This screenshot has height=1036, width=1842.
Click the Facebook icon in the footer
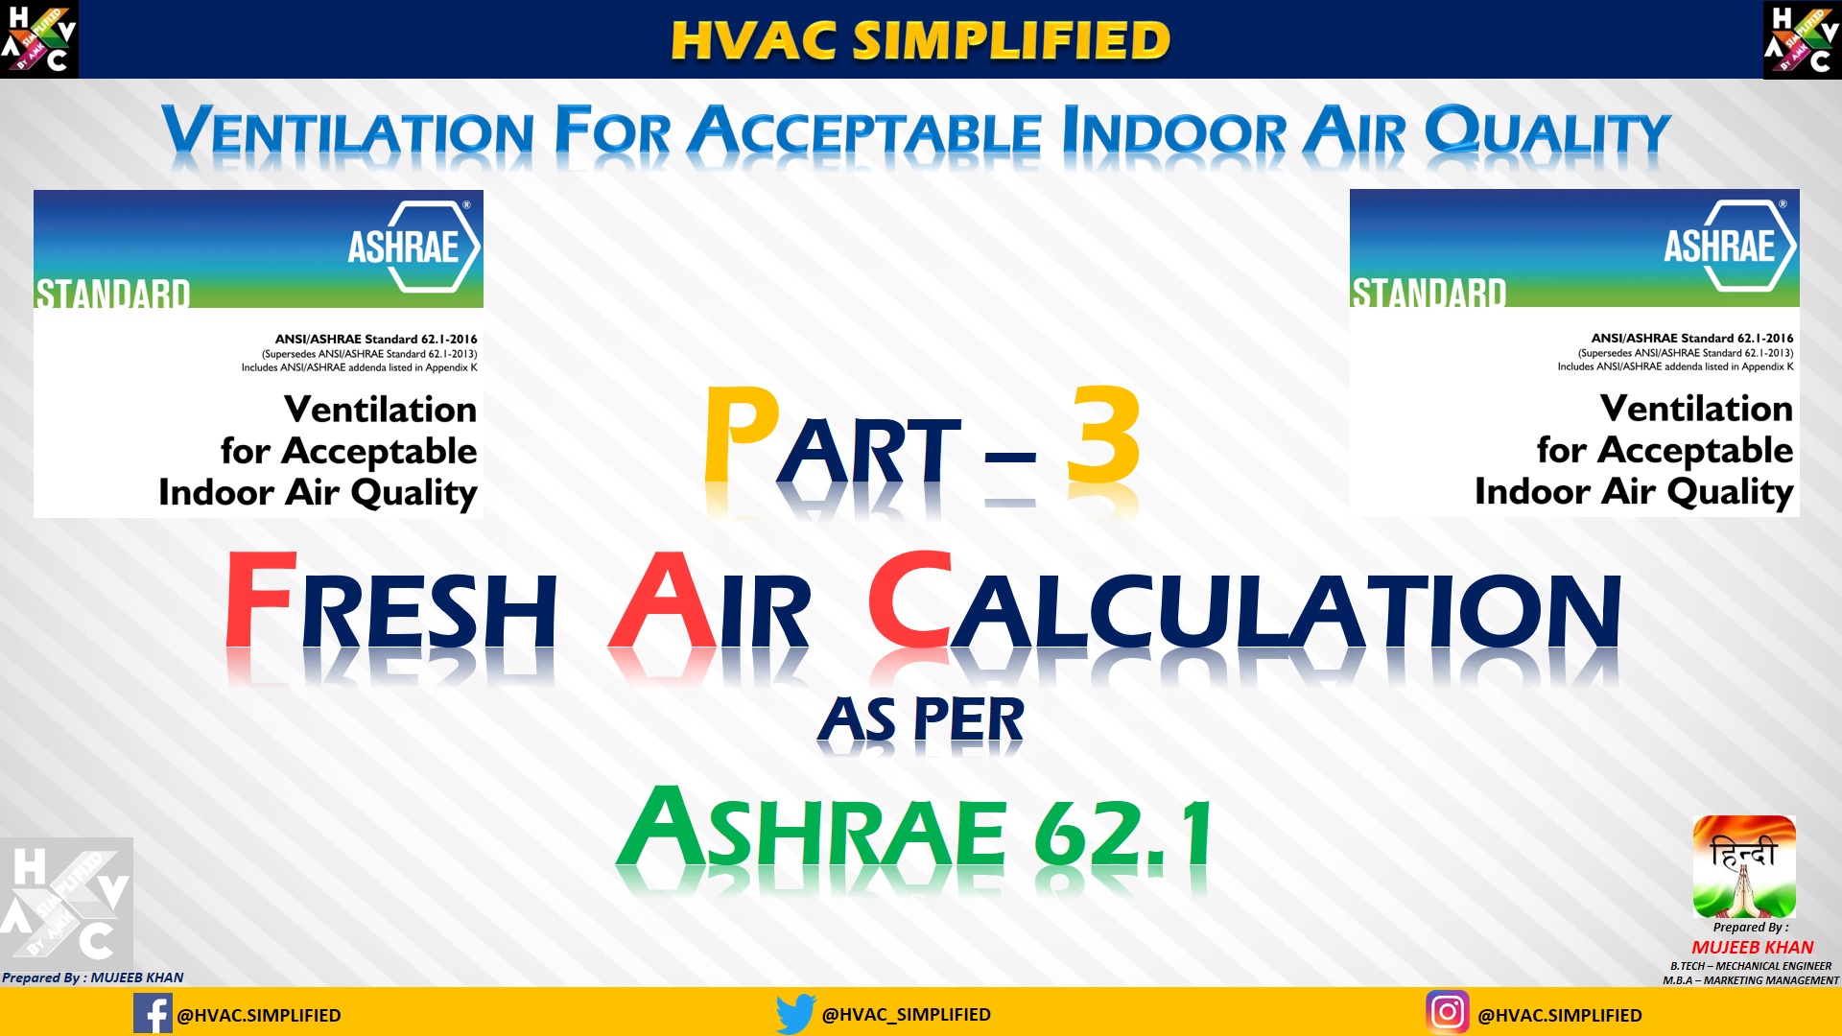[x=153, y=1014]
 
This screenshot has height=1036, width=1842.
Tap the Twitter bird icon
[x=795, y=1014]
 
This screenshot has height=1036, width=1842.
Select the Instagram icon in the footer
[x=1448, y=1012]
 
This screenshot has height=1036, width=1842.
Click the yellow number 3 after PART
[x=1103, y=436]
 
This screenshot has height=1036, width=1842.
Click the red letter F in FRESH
[x=259, y=601]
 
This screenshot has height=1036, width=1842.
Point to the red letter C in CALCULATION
[x=909, y=601]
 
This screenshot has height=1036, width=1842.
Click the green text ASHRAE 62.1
[x=913, y=830]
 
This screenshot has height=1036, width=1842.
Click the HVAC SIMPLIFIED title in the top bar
[x=921, y=40]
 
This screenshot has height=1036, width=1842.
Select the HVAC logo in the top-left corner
[x=39, y=39]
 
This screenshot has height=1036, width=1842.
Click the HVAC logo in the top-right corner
[x=1802, y=39]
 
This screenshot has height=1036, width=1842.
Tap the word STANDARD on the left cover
[x=113, y=294]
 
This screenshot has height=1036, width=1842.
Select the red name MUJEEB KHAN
[x=1752, y=947]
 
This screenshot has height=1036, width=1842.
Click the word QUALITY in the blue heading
[x=1547, y=132]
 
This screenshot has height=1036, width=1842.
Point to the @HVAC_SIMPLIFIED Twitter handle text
[x=906, y=1015]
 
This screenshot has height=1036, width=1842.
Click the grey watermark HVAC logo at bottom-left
[x=66, y=904]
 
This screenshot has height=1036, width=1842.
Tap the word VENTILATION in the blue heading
[x=347, y=132]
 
